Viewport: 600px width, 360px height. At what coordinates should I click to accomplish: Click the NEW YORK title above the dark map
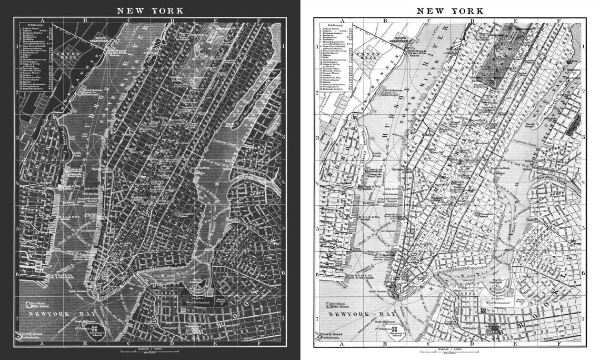(x=150, y=10)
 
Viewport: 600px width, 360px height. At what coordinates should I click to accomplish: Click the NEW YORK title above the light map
(x=451, y=11)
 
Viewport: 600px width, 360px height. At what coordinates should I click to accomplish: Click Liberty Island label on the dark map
(x=38, y=333)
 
